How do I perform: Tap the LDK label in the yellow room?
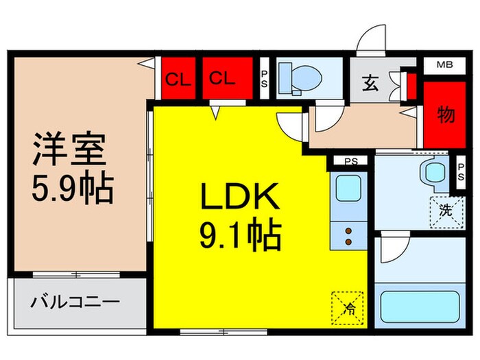pyautogui.click(x=239, y=199)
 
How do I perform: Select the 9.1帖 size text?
pyautogui.click(x=239, y=236)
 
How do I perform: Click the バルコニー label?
pyautogui.click(x=75, y=302)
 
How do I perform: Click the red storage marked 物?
pyautogui.click(x=445, y=115)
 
